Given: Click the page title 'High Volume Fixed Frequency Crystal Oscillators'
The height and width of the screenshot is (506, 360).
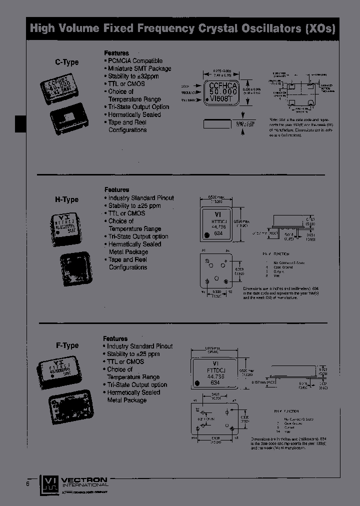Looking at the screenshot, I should click(182, 28).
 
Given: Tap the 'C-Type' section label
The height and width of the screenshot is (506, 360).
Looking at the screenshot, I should click(67, 62).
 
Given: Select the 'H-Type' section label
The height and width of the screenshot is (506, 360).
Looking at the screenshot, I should click(67, 199).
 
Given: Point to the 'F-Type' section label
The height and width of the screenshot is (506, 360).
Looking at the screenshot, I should click(67, 345).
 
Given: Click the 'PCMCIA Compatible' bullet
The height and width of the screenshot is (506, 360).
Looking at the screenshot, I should click(135, 60).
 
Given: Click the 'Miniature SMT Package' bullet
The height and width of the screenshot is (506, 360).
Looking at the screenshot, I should click(139, 68).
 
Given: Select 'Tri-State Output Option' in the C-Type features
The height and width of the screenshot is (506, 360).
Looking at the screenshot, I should click(138, 107).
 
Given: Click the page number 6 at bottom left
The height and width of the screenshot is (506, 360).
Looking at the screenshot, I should click(28, 483).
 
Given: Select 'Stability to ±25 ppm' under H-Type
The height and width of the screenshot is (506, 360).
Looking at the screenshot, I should click(134, 205).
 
